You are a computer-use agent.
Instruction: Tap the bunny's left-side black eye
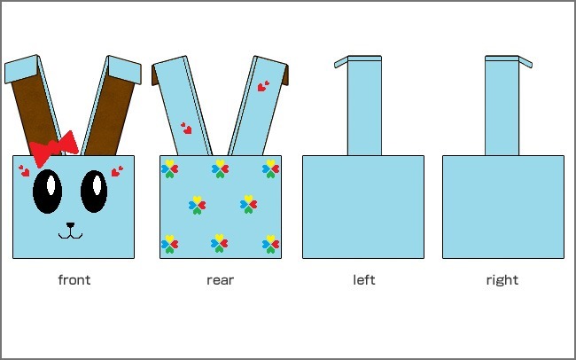pyautogui.click(x=47, y=192)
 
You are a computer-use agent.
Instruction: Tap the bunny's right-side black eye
pyautogui.click(x=94, y=192)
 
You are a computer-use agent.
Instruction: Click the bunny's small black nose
pyautogui.click(x=70, y=225)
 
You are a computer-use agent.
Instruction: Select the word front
pyautogui.click(x=74, y=280)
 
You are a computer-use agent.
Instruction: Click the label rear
pyautogui.click(x=220, y=280)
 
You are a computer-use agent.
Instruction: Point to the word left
pyautogui.click(x=364, y=280)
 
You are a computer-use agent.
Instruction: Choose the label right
pyautogui.click(x=502, y=280)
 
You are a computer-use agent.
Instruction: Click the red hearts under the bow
pyautogui.click(x=24, y=170)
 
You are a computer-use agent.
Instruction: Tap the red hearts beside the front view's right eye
pyautogui.click(x=117, y=171)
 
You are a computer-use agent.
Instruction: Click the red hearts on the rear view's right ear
pyautogui.click(x=263, y=86)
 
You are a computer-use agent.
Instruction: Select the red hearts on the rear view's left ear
pyautogui.click(x=187, y=129)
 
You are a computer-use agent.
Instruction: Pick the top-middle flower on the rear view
pyautogui.click(x=220, y=168)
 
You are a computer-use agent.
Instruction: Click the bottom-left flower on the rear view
pyautogui.click(x=170, y=244)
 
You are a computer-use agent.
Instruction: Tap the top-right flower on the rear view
pyautogui.click(x=271, y=168)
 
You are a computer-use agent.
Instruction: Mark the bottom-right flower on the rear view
pyautogui.click(x=271, y=244)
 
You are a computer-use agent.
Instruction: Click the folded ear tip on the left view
pyautogui.click(x=341, y=62)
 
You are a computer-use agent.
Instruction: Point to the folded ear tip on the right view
pyautogui.click(x=525, y=62)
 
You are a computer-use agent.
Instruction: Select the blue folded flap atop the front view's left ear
pyautogui.click(x=21, y=69)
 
